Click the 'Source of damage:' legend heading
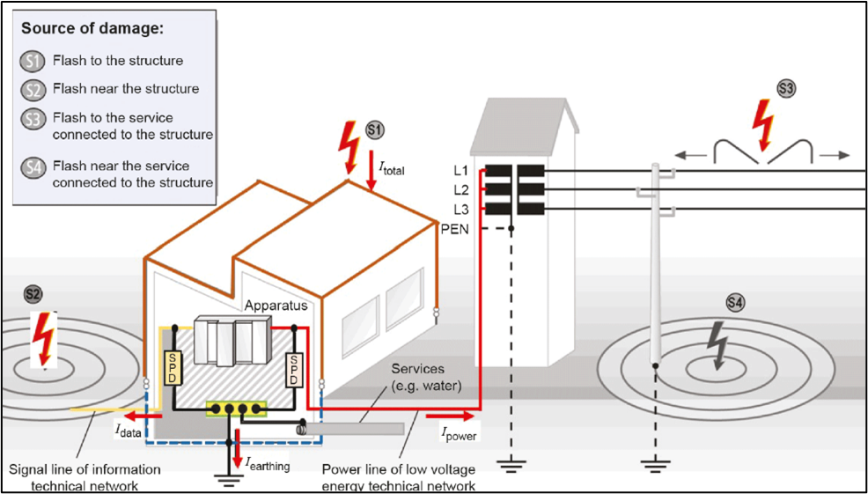[x=92, y=28]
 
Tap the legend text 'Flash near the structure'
[x=126, y=89]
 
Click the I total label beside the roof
[x=391, y=167]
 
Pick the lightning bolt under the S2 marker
[x=40, y=338]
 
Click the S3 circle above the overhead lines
[x=785, y=88]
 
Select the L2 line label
[x=461, y=189]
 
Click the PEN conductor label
[x=455, y=229]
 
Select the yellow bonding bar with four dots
[x=236, y=408]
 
